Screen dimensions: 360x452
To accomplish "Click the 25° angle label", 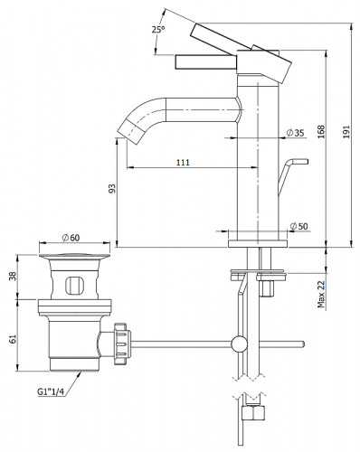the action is [158, 30].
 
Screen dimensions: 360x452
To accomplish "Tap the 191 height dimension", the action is [346, 132].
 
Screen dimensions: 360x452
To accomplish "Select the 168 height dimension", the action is [321, 132].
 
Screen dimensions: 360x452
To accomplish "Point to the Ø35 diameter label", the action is [295, 133].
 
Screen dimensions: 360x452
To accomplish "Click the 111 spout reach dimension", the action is [183, 163].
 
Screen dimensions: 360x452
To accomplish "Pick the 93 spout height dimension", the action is [112, 188].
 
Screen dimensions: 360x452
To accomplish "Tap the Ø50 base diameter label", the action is [298, 226].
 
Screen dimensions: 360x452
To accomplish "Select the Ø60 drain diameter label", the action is [71, 238].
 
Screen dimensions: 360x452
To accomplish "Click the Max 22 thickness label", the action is [321, 294].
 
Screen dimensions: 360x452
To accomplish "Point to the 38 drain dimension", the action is [13, 276].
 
